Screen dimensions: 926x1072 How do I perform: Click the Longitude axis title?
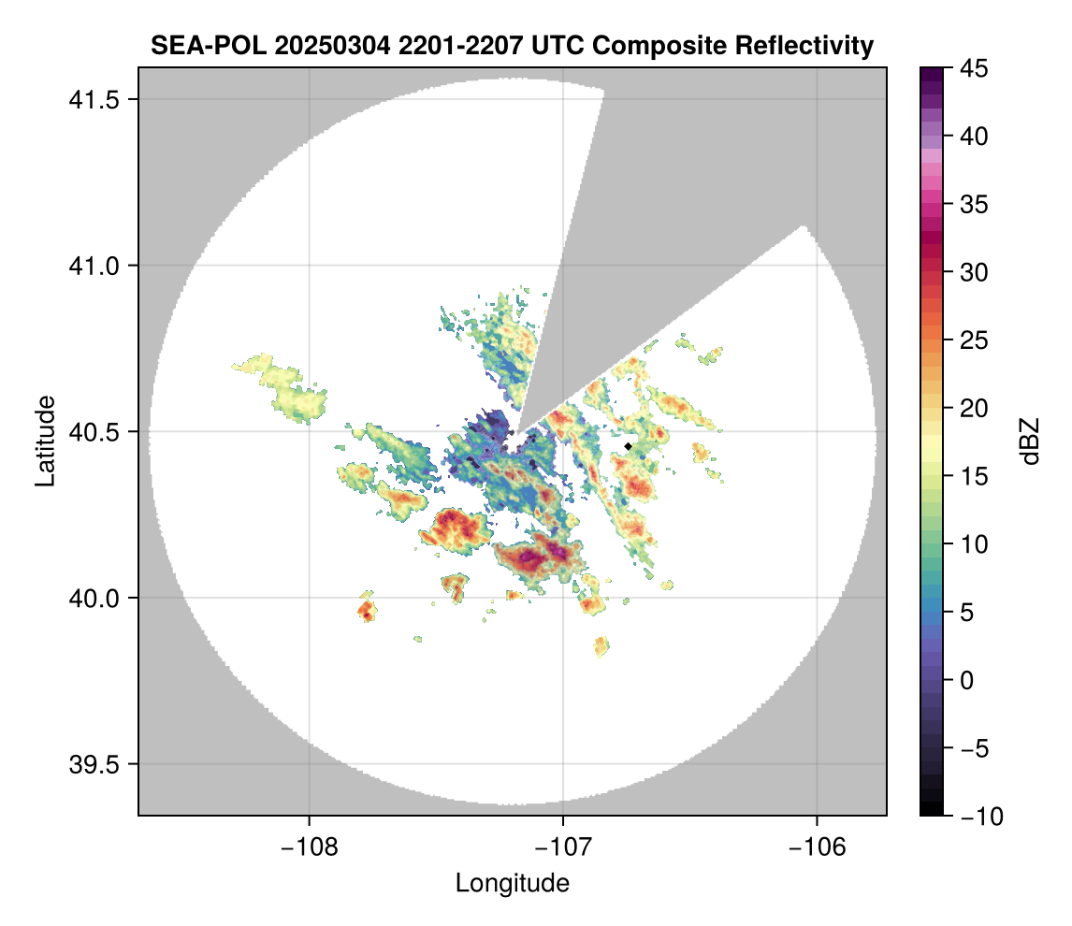(512, 882)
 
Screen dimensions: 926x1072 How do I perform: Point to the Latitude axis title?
(45, 441)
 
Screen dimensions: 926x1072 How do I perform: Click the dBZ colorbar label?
(1030, 441)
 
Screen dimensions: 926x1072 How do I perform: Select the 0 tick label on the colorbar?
(968, 680)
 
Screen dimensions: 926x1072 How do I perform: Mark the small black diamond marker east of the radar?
(629, 447)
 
